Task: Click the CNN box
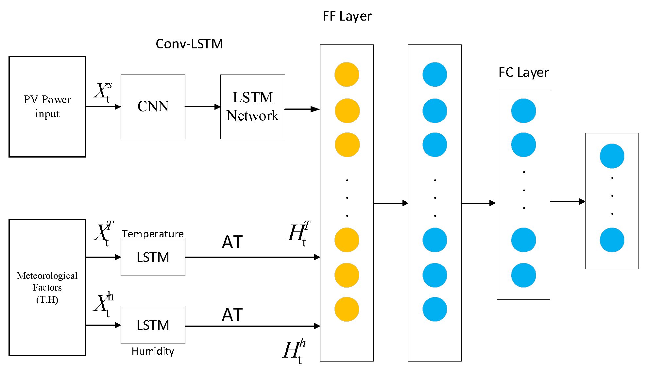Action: tap(153, 107)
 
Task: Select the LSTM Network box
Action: tap(252, 107)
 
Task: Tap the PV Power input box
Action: tap(47, 107)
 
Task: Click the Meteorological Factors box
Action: tap(47, 287)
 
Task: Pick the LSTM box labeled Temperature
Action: tap(153, 257)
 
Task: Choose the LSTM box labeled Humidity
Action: tap(153, 325)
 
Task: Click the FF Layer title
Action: tap(347, 16)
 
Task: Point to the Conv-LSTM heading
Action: tap(189, 44)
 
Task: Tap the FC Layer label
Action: tap(523, 73)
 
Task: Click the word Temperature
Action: tap(153, 234)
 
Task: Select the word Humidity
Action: tap(153, 351)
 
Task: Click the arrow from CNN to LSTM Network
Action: tap(203, 107)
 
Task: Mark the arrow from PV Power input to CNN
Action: tap(103, 107)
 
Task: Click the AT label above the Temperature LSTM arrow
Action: tap(232, 242)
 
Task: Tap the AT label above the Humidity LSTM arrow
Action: tap(232, 315)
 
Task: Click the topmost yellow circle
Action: tap(347, 75)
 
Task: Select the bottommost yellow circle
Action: tap(347, 309)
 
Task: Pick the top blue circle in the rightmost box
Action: tap(612, 156)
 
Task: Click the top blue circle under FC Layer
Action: tap(523, 111)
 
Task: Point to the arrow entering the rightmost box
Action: tap(568, 202)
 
